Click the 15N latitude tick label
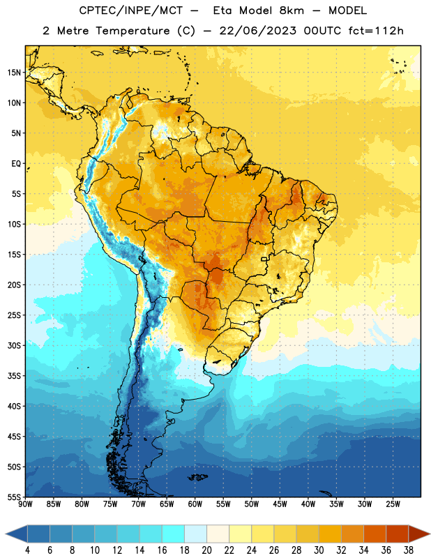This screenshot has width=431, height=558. coord(14,73)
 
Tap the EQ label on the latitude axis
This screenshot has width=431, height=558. coord(16,164)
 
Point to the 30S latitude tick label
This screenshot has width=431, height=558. coord(14,345)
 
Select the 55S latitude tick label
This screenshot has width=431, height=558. coord(14,497)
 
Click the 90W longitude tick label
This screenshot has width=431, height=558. coord(25,504)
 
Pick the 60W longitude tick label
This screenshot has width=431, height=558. coord(195,504)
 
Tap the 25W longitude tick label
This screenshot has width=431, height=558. coord(393,504)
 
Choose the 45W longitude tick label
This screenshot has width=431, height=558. coord(280,504)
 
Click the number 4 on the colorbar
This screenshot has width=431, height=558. coord(27,550)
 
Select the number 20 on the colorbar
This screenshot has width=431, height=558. coord(206,550)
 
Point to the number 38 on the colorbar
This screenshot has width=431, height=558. coord(409,550)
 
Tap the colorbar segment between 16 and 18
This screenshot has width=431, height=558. coord(173,534)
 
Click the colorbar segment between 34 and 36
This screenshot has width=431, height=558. coord(375,534)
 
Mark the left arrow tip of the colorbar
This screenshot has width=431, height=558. coord(6,534)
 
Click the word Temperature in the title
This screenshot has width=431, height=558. coord(133,31)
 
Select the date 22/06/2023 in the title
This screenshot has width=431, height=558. coord(258,31)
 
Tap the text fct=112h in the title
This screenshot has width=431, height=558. coord(376,31)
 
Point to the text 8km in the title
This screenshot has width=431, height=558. coord(292,10)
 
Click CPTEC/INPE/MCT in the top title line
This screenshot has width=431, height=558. coord(131,10)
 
